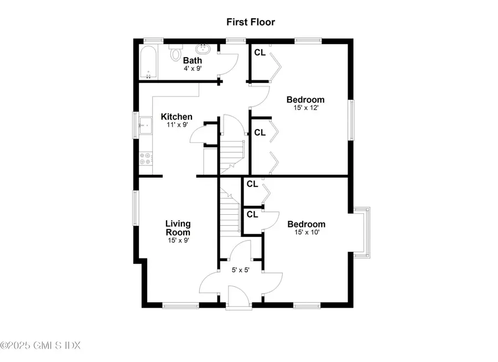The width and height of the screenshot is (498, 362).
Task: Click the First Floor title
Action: [250, 22]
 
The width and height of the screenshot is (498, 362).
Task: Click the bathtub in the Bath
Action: [148, 63]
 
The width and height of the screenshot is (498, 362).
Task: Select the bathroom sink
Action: [204, 49]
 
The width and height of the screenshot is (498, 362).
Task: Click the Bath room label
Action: [193, 60]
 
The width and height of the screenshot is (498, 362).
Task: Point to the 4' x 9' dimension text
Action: [193, 69]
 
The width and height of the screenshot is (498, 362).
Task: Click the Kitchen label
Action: [177, 117]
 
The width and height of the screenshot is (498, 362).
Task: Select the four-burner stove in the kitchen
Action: [146, 159]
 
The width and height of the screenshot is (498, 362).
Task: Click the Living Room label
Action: [178, 227]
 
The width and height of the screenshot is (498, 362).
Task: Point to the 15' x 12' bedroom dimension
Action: [305, 108]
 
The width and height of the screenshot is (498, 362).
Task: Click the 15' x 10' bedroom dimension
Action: [306, 232]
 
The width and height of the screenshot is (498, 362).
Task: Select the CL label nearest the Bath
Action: [260, 53]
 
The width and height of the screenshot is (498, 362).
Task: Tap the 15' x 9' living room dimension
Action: [178, 240]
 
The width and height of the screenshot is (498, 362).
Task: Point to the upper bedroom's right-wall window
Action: [350, 120]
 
